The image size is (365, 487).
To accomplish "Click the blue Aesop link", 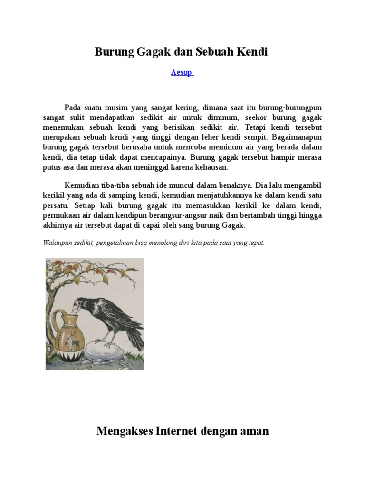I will coord(182,73).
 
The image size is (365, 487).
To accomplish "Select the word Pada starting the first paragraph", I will coord(73,108).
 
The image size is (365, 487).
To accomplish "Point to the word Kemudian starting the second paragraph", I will coord(81,185).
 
